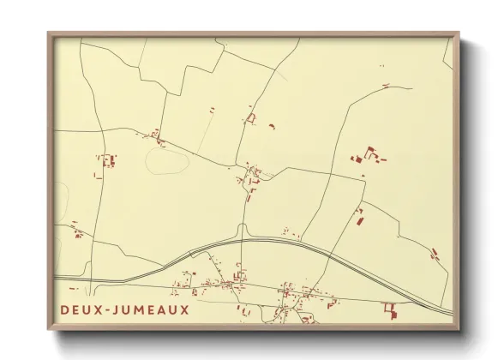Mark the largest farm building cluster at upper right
(369, 155)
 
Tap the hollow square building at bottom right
(390, 308)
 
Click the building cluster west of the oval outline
(107, 161)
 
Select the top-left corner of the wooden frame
(49, 33)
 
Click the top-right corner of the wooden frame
(460, 33)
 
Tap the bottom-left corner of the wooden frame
(49, 329)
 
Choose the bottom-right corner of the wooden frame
(460, 329)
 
